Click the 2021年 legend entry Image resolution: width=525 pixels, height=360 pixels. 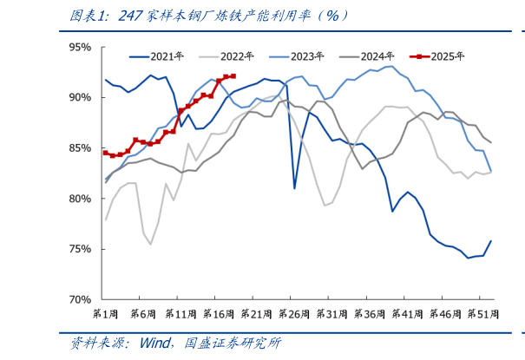[166, 56]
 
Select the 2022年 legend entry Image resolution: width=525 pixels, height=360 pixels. [235, 56]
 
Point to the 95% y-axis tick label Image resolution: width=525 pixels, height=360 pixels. [79, 48]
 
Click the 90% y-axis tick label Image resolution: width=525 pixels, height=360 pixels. [79, 98]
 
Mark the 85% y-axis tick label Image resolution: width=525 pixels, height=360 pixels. [79, 148]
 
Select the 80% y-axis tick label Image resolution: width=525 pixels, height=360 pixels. [79, 199]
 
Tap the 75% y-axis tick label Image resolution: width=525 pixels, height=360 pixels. [79, 249]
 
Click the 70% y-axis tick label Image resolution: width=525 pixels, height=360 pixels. [79, 299]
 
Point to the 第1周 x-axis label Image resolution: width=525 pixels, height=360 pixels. [105, 313]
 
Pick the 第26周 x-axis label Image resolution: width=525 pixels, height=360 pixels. [294, 313]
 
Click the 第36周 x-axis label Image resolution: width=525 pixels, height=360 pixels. [369, 313]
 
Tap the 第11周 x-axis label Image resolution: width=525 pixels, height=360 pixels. [181, 313]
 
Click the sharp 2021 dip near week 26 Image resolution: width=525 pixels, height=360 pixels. [295, 187]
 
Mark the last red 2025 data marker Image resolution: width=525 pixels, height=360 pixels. [233, 76]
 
